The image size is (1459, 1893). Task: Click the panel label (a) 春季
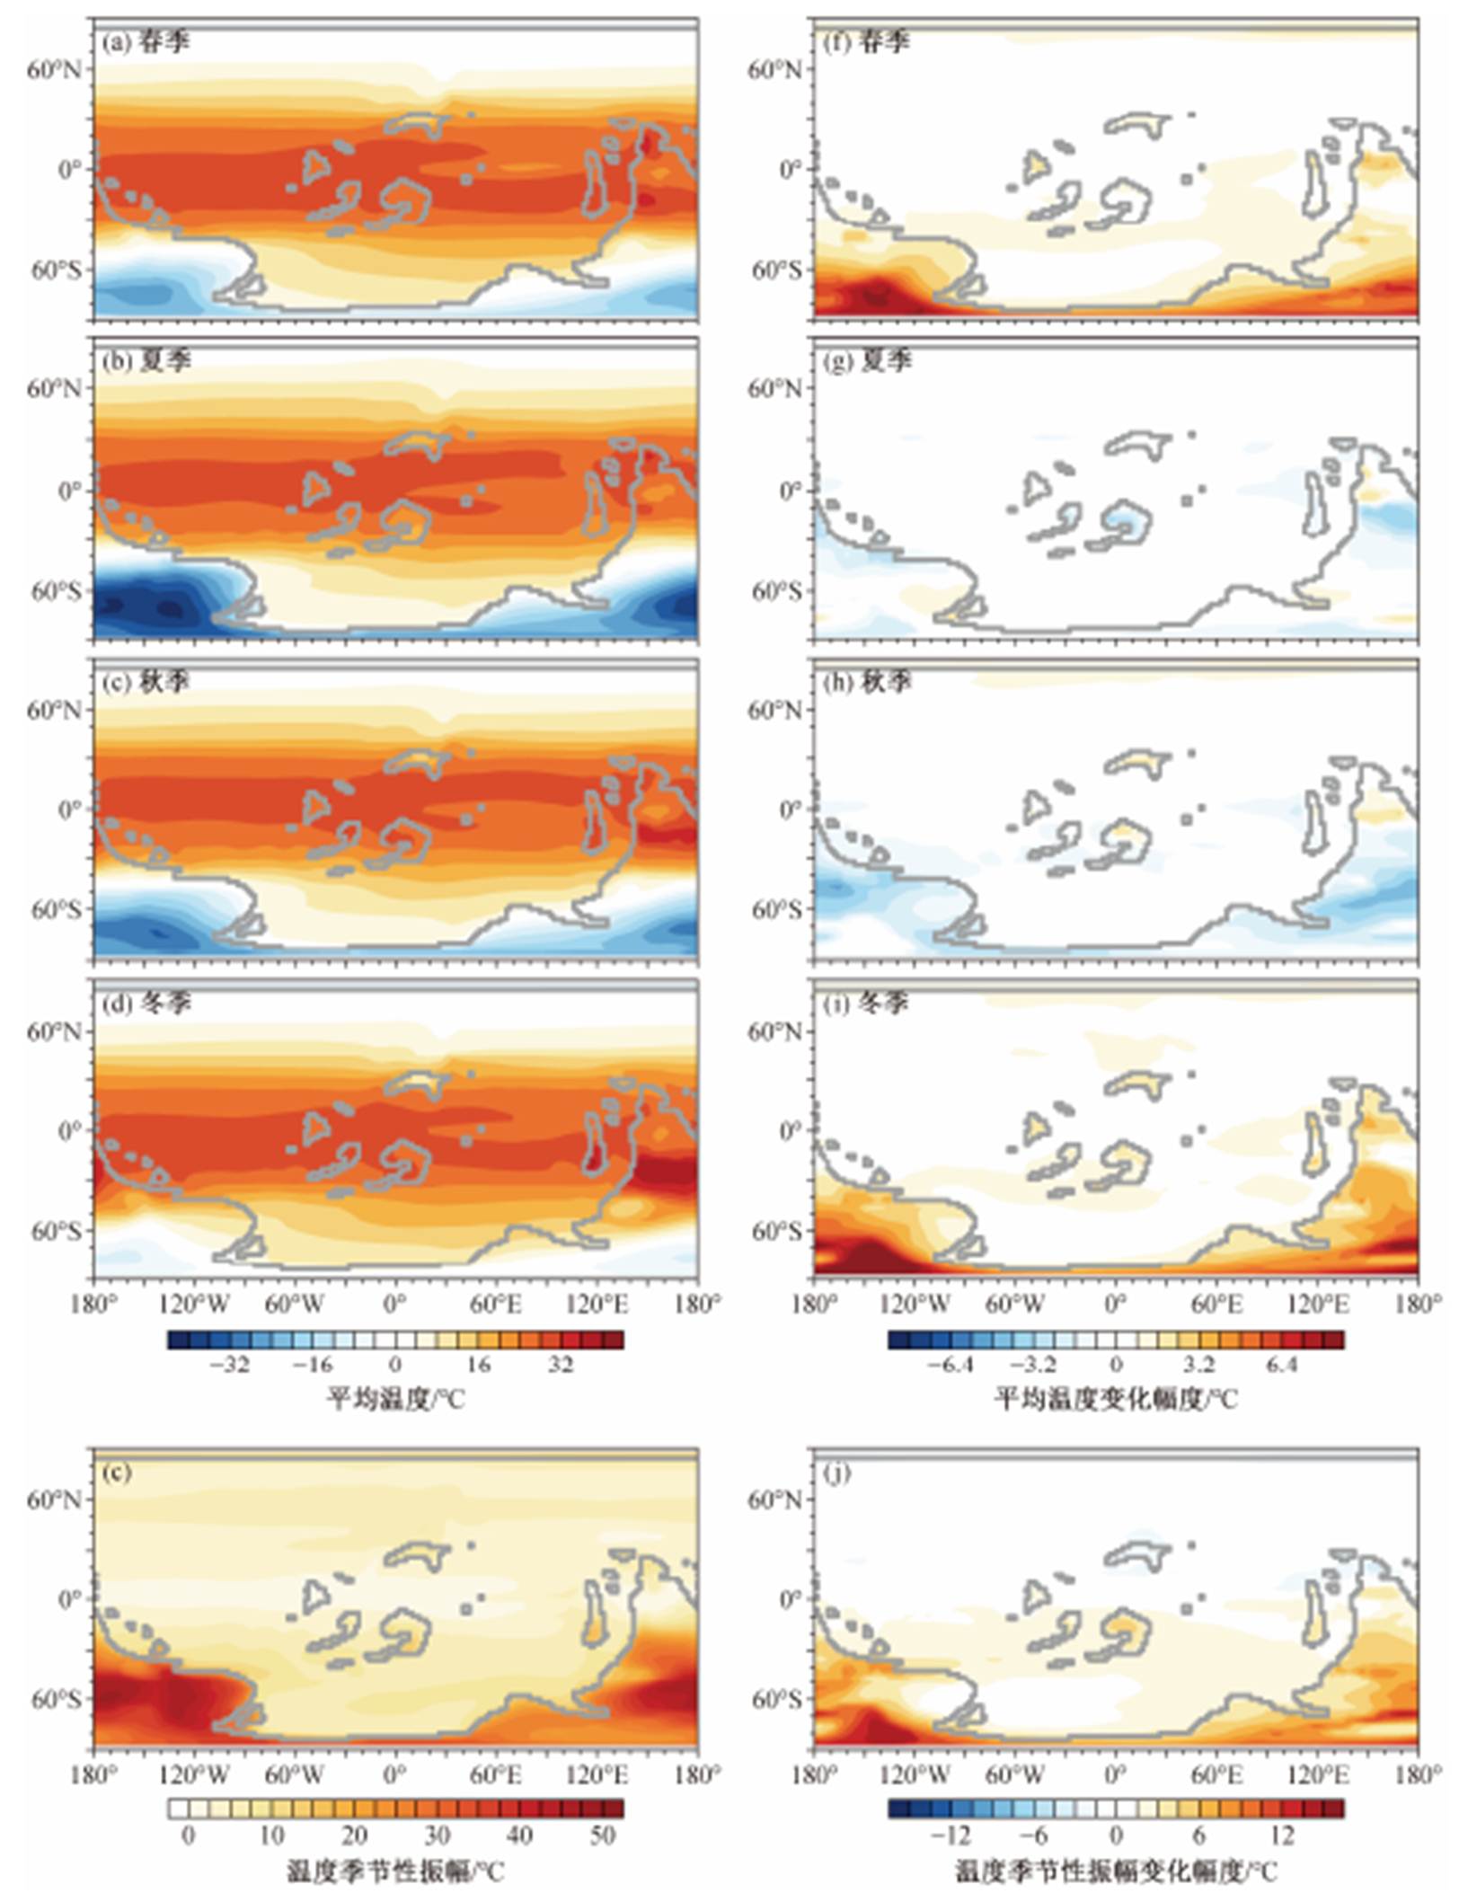pos(146,42)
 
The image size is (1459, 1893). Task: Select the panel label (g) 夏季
pos(867,361)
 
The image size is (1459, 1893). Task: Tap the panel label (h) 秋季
pos(867,682)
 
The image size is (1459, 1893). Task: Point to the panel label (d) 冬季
pos(146,1003)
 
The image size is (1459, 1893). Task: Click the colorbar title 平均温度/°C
pos(395,1398)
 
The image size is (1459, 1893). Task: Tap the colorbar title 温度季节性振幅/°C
pos(395,1871)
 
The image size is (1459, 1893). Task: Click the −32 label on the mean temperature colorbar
pos(228,1365)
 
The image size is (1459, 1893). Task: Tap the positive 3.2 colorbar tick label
pos(1198,1365)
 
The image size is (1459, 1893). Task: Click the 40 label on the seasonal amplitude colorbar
pos(519,1836)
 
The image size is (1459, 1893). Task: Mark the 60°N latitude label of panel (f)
pos(775,69)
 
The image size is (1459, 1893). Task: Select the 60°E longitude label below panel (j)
pos(1216,1775)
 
